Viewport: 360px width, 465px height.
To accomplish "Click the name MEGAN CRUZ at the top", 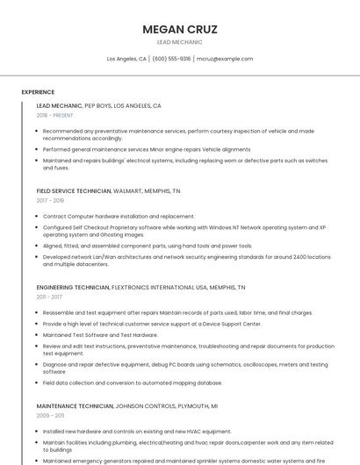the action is point(179,29).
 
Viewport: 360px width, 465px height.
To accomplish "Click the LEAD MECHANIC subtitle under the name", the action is point(179,42).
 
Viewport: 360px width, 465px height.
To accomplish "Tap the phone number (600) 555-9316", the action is point(171,59).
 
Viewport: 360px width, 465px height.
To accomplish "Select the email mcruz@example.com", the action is point(225,59).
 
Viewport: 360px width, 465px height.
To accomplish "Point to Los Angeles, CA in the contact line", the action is point(126,59).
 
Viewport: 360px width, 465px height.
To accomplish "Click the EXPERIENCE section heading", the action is point(38,92).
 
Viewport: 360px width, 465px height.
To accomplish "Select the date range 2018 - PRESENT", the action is point(55,115).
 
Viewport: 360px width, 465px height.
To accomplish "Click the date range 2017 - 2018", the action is point(51,200).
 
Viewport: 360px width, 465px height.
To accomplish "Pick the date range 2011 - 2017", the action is point(49,297).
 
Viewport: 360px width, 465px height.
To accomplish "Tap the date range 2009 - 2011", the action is point(50,415).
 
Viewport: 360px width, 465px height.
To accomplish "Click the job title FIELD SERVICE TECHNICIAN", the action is point(74,190).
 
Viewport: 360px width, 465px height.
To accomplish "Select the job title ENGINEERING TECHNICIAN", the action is point(73,287).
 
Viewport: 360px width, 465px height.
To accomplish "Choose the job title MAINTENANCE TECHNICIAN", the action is point(75,406).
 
